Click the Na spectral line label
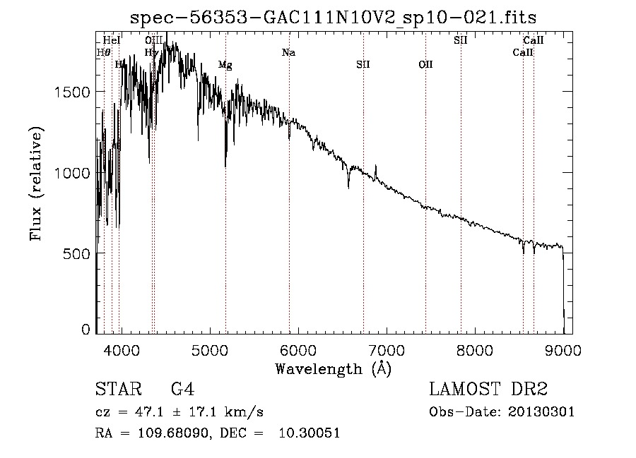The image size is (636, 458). pyautogui.click(x=288, y=52)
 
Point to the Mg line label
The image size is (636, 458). pyautogui.click(x=225, y=65)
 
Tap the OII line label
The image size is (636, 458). pyautogui.click(x=425, y=65)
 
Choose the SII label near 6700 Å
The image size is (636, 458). pyautogui.click(x=363, y=65)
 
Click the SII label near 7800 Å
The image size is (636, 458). pyautogui.click(x=461, y=40)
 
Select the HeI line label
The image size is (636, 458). pyautogui.click(x=112, y=40)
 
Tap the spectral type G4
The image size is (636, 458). pyautogui.click(x=182, y=390)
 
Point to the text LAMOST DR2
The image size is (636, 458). pyautogui.click(x=488, y=390)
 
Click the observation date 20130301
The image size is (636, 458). pyautogui.click(x=541, y=412)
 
